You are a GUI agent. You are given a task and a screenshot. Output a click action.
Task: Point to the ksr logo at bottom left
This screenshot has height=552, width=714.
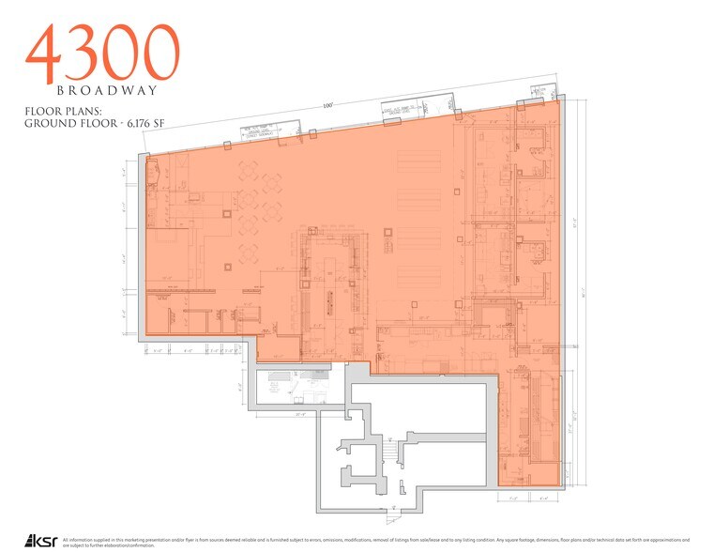(41, 540)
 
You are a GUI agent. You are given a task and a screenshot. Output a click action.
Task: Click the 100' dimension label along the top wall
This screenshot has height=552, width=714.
(327, 106)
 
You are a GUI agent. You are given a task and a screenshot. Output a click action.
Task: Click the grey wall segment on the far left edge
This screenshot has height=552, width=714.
(143, 244)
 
